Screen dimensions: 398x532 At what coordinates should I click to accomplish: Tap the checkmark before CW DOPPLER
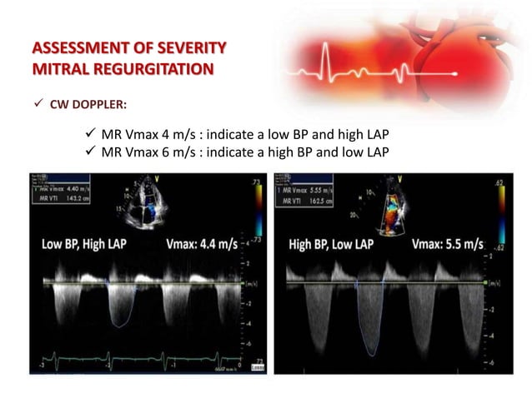point(34,106)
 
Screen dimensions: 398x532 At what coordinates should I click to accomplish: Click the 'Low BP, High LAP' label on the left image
point(93,246)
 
